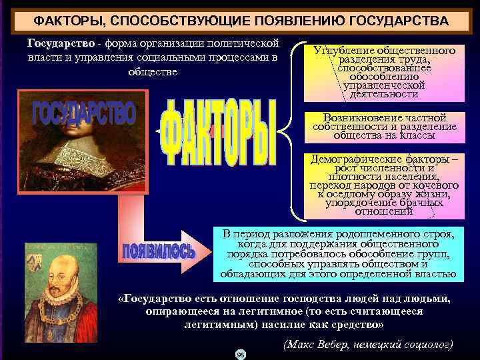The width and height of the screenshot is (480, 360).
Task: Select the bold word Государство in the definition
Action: [x=61, y=43]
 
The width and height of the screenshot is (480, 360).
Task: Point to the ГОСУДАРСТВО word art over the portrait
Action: [x=83, y=114]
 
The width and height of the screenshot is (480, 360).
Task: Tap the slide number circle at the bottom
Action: [x=241, y=354]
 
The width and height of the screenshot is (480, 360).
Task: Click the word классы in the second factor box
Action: [x=417, y=135]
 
